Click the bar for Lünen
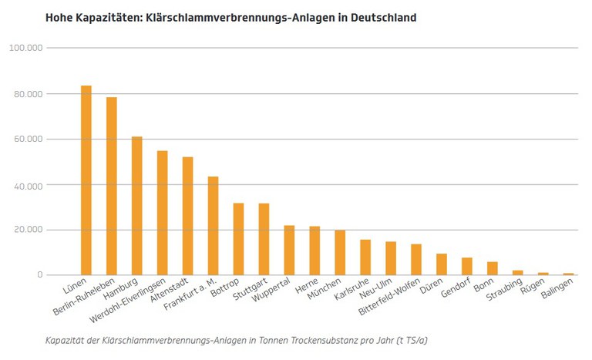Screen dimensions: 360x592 (x=86, y=180)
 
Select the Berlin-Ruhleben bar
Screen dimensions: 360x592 (x=112, y=186)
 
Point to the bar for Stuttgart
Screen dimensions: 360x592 (x=264, y=239)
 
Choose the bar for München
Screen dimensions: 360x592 (x=340, y=253)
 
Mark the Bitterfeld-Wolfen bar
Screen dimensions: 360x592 (x=416, y=260)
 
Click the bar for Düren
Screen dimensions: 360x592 (x=442, y=264)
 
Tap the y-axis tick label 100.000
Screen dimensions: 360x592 (x=26, y=48)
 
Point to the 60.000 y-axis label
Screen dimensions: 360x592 (x=29, y=140)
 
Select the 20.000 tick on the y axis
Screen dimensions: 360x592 (x=29, y=230)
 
